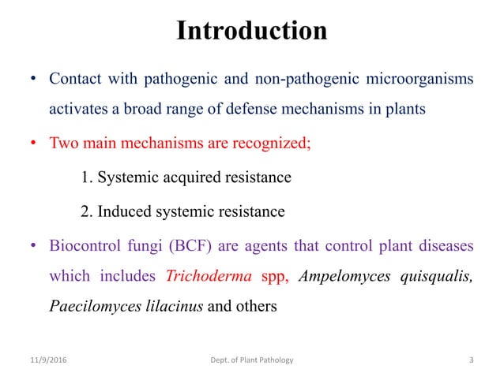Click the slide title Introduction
point(251,31)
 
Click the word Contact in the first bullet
point(76,80)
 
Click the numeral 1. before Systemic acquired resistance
point(87,177)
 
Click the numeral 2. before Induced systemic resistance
point(87,211)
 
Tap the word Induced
point(126,211)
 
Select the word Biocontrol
point(85,246)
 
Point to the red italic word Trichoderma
point(209,276)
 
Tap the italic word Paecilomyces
point(89,306)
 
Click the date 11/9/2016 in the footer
point(48,360)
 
